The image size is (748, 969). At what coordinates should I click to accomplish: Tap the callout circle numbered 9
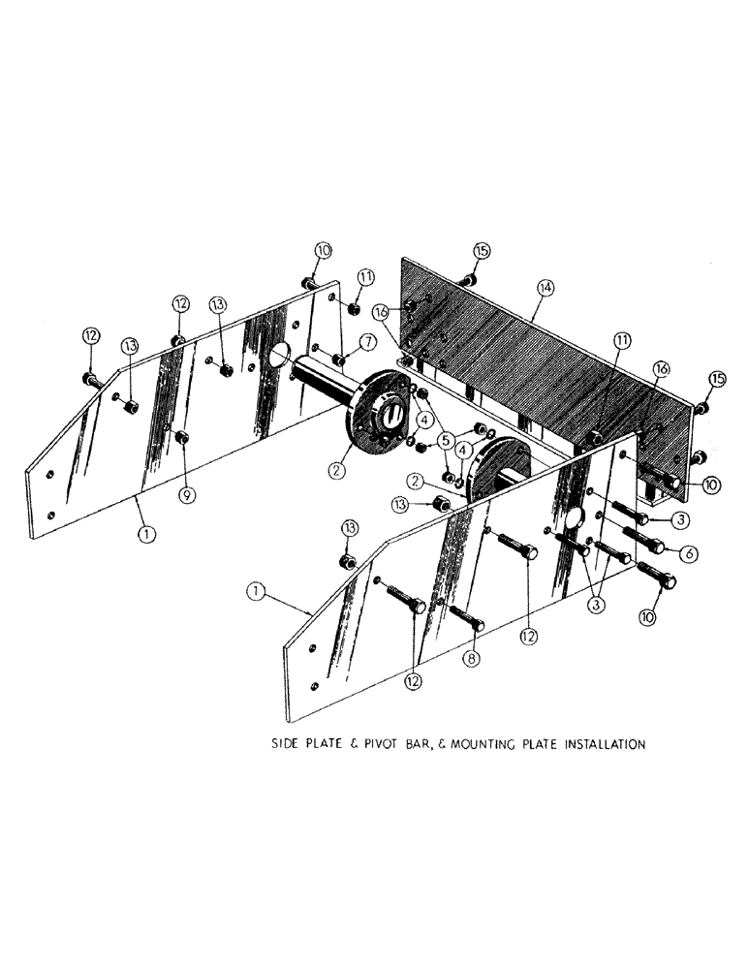pyautogui.click(x=187, y=494)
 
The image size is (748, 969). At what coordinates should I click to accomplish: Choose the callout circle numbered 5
pyautogui.click(x=447, y=441)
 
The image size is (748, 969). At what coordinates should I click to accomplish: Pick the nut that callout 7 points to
pyautogui.click(x=341, y=360)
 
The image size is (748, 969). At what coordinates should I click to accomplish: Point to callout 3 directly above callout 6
pyautogui.click(x=681, y=520)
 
